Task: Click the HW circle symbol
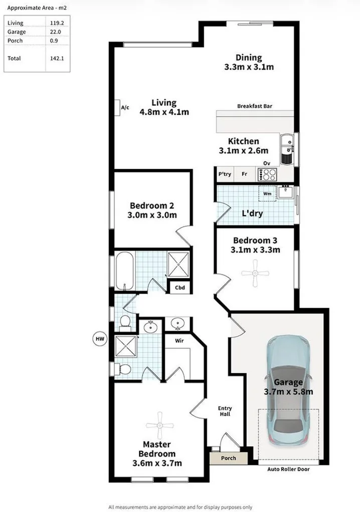click(100, 339)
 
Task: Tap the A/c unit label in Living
click(125, 108)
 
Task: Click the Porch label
click(228, 458)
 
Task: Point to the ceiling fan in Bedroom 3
click(255, 274)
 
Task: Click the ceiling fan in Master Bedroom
click(159, 425)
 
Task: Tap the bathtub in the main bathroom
click(124, 271)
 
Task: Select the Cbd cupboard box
click(179, 288)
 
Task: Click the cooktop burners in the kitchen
click(267, 175)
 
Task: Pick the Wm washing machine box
click(267, 193)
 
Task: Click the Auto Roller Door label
click(289, 469)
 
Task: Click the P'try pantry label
click(225, 174)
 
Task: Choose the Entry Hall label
click(225, 411)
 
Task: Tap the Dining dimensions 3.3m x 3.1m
click(249, 67)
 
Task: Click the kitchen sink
click(288, 149)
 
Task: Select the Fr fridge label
click(244, 174)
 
